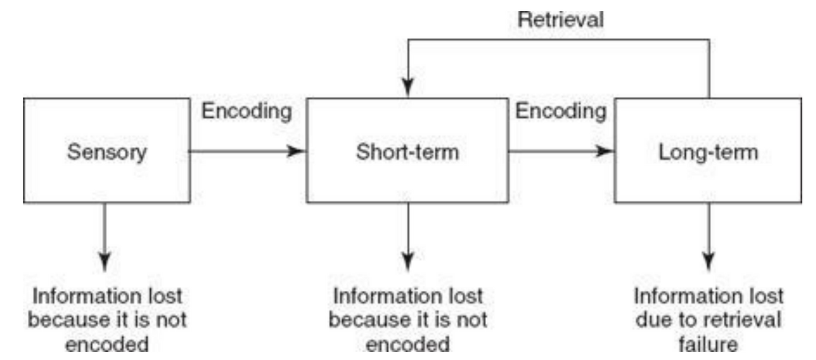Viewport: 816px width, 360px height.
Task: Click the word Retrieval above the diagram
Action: point(562,20)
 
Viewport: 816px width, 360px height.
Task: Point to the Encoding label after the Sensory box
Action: point(247,112)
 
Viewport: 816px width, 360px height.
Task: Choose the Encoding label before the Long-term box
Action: point(560,112)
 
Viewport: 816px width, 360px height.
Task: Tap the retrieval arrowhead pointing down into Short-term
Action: point(407,88)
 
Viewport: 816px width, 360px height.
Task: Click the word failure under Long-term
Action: point(708,344)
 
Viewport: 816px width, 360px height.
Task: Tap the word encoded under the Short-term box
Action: point(407,345)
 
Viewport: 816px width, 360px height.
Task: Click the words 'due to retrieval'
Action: point(708,320)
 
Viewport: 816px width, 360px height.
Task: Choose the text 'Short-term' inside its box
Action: point(407,152)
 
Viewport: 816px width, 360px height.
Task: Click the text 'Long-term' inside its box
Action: point(708,152)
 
